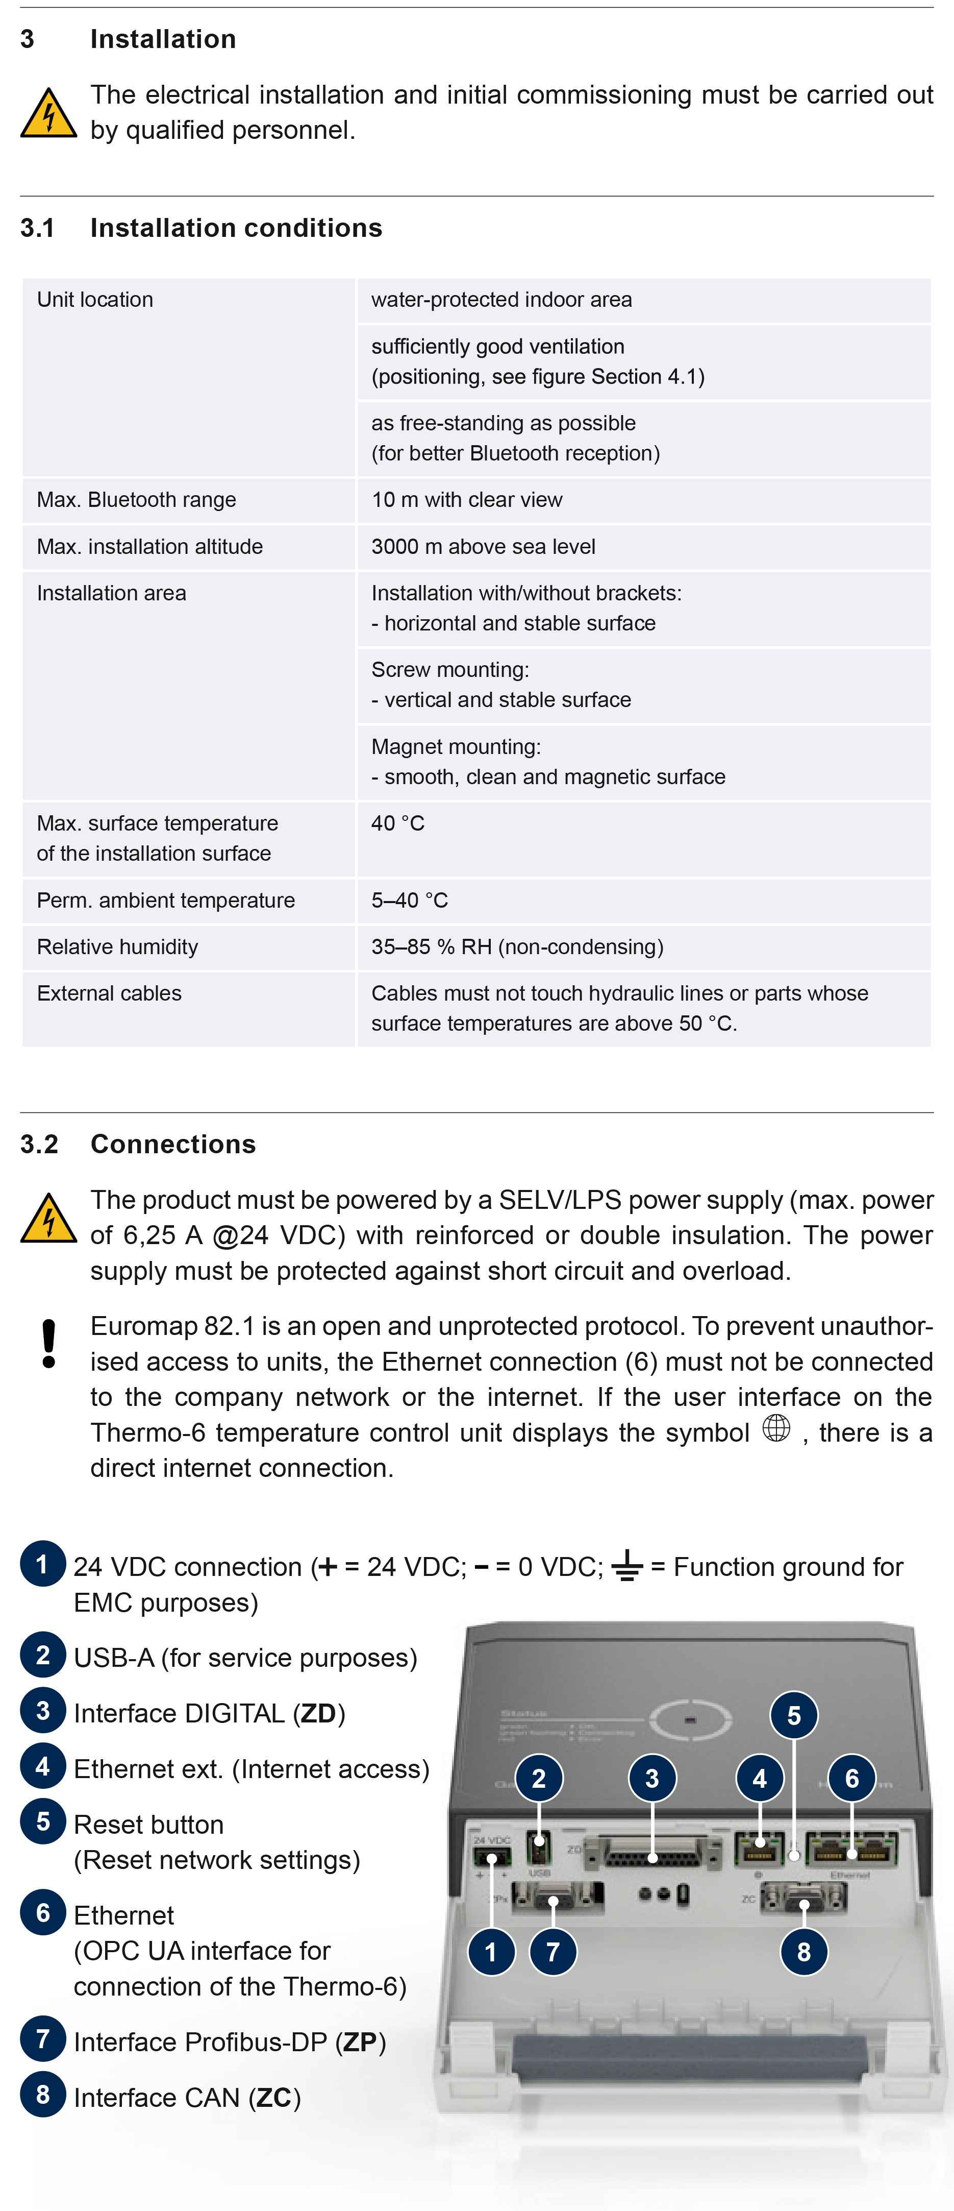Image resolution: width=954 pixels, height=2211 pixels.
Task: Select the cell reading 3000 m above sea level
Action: [483, 547]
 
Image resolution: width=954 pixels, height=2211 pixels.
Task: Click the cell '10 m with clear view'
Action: [467, 500]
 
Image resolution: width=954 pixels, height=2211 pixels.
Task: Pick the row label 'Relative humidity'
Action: [117, 946]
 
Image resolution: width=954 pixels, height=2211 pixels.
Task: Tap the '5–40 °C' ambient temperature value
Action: [409, 901]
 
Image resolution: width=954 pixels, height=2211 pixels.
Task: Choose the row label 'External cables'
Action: [109, 993]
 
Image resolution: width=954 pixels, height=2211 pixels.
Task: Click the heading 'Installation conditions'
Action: [236, 228]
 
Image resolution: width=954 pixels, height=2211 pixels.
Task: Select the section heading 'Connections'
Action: [173, 1144]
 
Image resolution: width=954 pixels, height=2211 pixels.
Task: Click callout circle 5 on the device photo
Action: [794, 1715]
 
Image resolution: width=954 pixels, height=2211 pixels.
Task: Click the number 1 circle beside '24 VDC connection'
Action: [42, 1564]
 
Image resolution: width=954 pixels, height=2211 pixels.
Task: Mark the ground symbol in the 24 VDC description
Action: [627, 1566]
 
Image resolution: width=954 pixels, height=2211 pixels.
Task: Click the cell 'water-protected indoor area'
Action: [501, 300]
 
